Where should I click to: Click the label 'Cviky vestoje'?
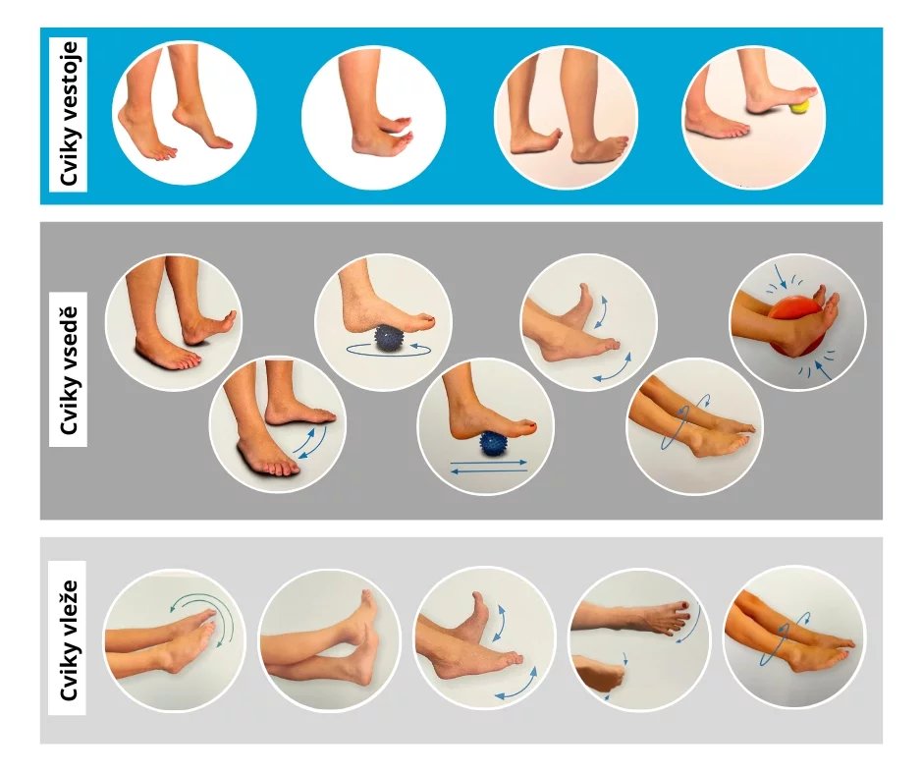tap(69, 114)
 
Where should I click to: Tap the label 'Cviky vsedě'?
tap(69, 370)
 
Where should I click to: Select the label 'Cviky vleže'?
tap(69, 640)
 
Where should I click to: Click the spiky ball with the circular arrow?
tap(388, 338)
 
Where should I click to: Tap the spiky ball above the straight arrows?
tap(493, 443)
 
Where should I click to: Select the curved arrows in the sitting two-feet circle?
tap(311, 443)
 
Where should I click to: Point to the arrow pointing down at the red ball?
tap(779, 276)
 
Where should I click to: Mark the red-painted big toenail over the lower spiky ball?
tap(532, 426)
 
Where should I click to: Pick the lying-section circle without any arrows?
tap(329, 639)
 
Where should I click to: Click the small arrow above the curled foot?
tap(624, 658)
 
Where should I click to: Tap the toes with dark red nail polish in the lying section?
tap(678, 616)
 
